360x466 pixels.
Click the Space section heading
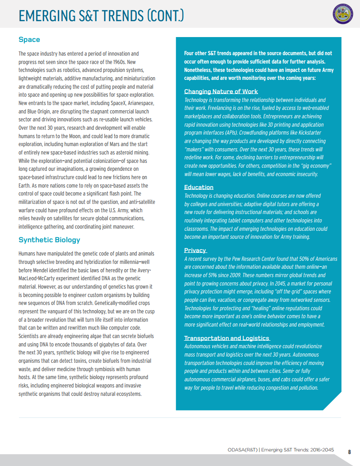coord(29,40)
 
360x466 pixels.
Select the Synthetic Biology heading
coord(49,240)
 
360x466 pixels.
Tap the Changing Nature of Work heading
coord(221,91)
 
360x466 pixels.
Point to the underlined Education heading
coord(199,187)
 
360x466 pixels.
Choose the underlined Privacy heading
coord(195,250)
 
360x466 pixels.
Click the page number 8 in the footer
coord(349,452)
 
